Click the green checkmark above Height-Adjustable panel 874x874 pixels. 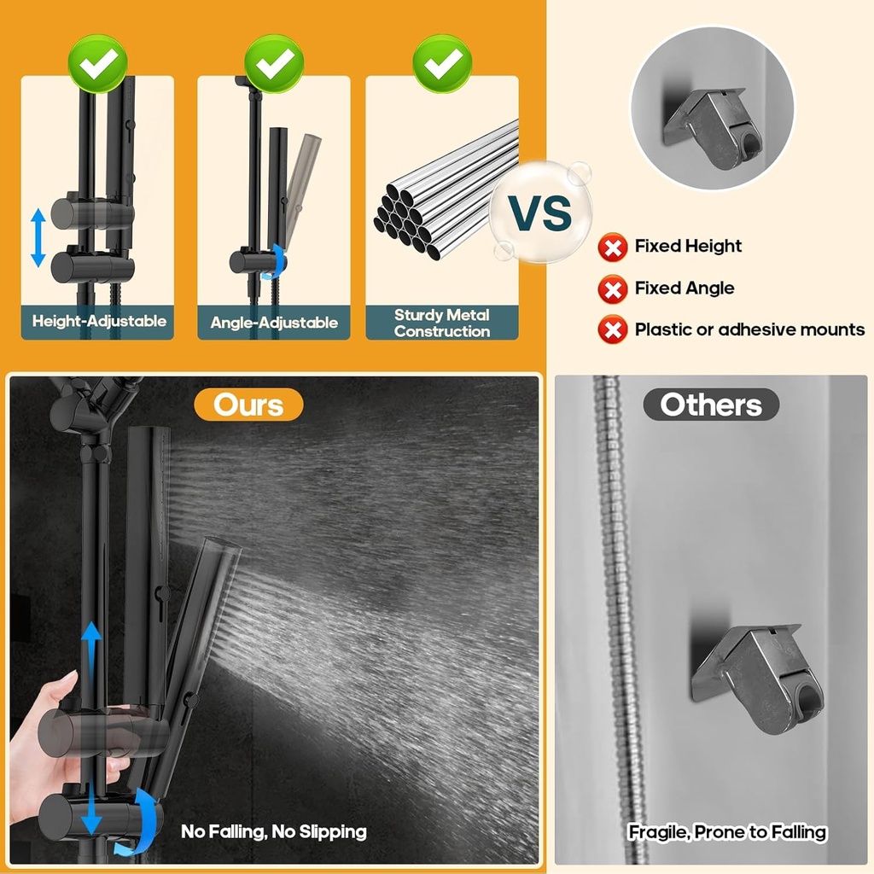98,62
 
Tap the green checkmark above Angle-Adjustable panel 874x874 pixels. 274,62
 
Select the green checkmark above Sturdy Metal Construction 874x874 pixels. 442,62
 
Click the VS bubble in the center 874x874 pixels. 540,213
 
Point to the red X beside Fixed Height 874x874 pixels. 612,248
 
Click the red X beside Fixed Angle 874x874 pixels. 612,289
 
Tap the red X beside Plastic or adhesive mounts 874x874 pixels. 612,329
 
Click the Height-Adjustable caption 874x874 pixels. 99,322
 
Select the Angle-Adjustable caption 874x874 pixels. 274,323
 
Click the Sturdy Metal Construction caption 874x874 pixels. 442,323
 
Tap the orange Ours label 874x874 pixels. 248,405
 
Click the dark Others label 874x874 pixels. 711,405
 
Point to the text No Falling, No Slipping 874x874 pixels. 273,830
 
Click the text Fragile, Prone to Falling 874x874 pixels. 727,831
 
